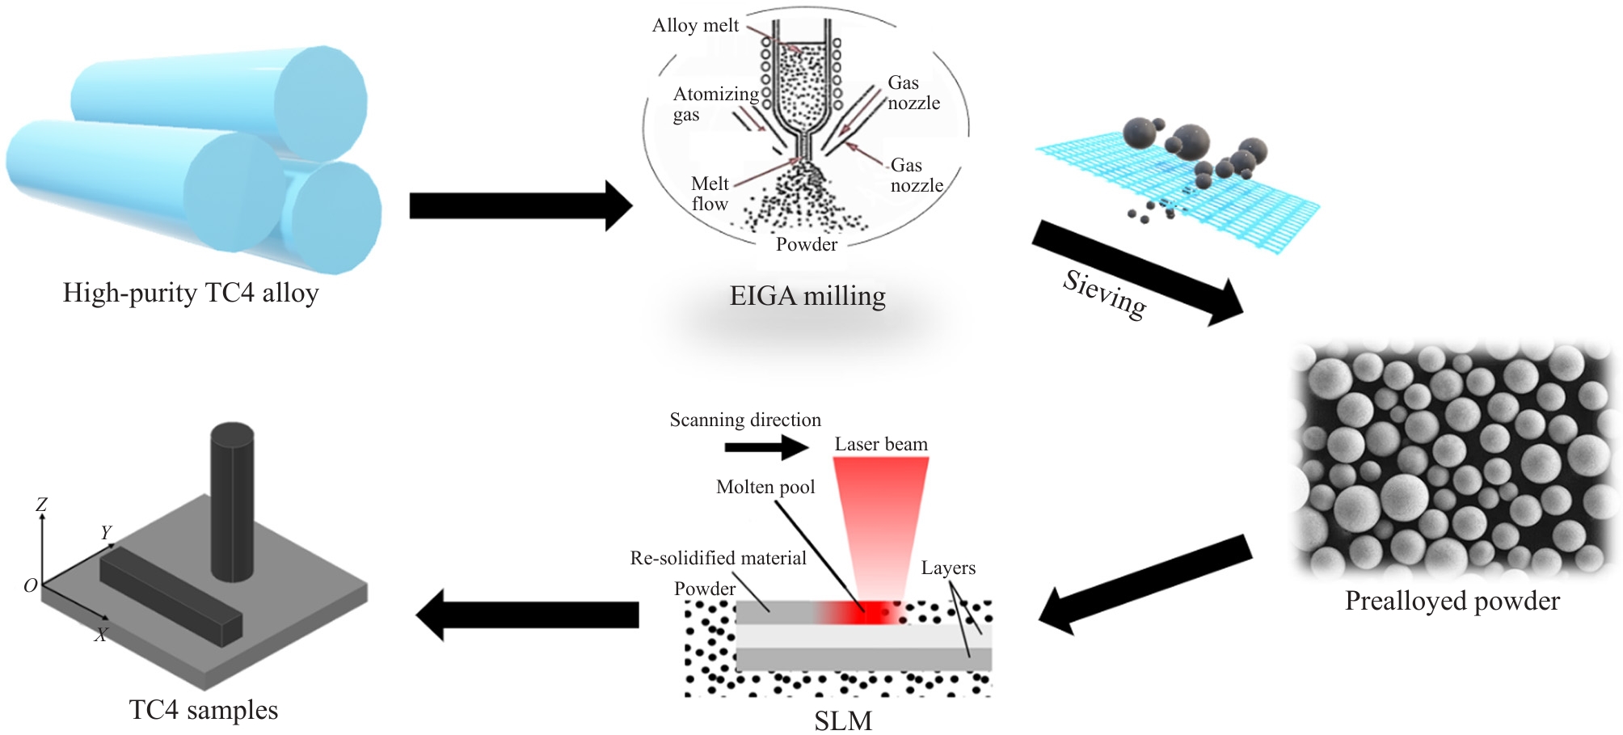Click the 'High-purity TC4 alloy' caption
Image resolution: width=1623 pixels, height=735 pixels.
click(x=191, y=293)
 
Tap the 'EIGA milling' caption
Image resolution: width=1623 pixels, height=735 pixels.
click(x=807, y=296)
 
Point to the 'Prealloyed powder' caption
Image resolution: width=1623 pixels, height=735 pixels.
click(x=1452, y=601)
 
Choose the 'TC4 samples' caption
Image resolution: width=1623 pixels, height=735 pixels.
click(x=203, y=710)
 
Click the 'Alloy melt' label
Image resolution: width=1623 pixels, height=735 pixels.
click(x=695, y=26)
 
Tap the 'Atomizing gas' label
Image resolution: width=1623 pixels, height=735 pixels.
click(x=715, y=104)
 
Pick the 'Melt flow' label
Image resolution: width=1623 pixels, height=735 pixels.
click(x=710, y=194)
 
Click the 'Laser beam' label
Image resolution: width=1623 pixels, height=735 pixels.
click(x=881, y=445)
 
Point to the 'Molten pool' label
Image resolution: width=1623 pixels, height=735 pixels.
click(x=765, y=488)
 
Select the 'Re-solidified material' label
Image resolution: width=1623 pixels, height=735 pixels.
click(x=718, y=558)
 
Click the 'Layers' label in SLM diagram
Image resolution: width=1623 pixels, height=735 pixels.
click(x=948, y=568)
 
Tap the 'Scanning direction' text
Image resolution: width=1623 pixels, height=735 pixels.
click(x=745, y=420)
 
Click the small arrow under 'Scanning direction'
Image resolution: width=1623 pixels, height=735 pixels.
click(x=766, y=447)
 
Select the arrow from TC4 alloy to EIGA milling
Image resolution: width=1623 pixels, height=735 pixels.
click(x=520, y=205)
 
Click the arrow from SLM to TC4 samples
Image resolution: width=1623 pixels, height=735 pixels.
click(x=528, y=615)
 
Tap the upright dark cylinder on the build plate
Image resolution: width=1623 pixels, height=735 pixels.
click(x=232, y=501)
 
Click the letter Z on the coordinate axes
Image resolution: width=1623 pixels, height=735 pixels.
click(x=42, y=505)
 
